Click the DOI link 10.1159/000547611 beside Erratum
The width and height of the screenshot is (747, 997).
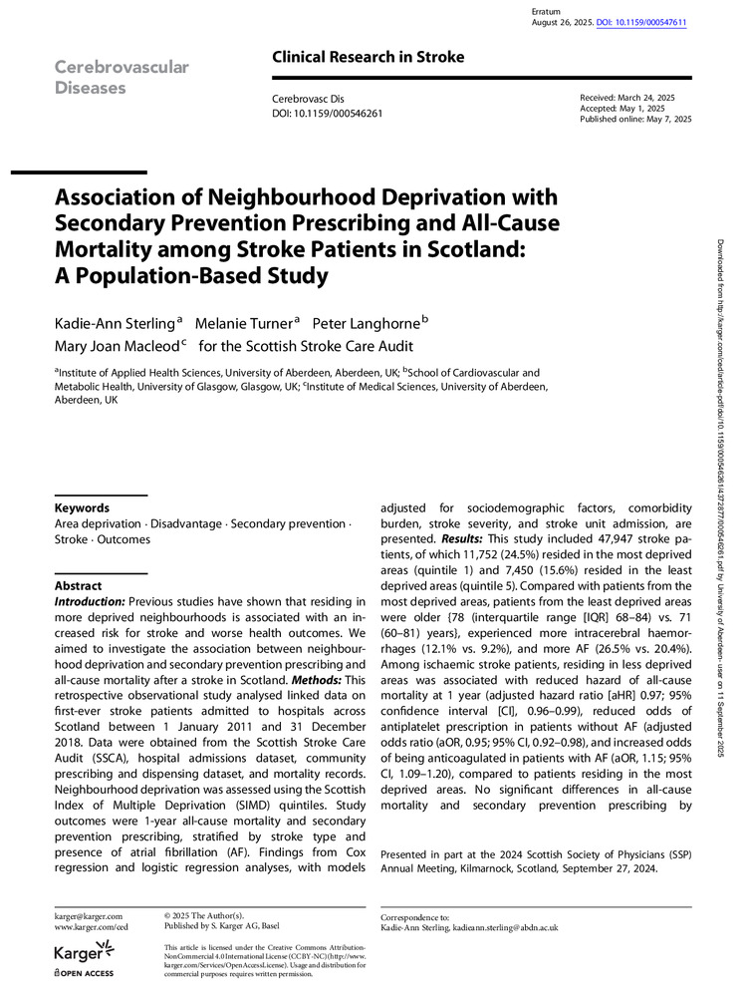(x=643, y=22)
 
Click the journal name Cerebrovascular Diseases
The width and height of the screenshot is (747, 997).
(x=121, y=77)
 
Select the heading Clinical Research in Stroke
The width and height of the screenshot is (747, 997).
(x=368, y=57)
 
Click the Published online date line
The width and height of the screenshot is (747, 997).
(x=634, y=120)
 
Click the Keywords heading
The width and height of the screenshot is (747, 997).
(x=82, y=507)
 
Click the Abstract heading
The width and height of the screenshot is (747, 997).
(x=79, y=586)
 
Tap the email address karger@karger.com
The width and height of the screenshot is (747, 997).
(x=89, y=915)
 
